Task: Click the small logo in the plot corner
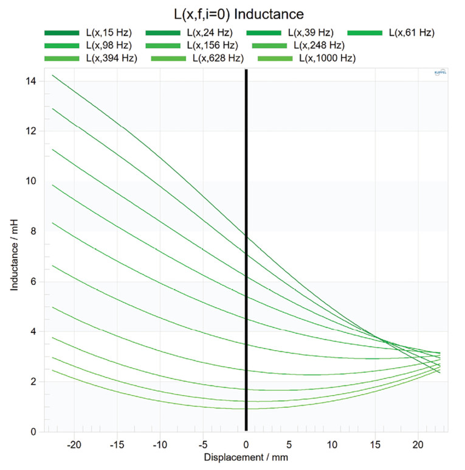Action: tap(440, 74)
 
